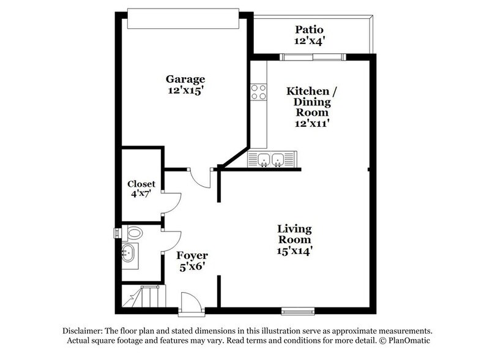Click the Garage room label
pyautogui.click(x=185, y=79)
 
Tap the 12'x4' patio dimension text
pyautogui.click(x=309, y=41)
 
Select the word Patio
pyautogui.click(x=309, y=29)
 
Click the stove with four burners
pyautogui.click(x=258, y=91)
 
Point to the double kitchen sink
pyautogui.click(x=269, y=160)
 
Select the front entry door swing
pyautogui.click(x=190, y=301)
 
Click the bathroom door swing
pyautogui.click(x=172, y=240)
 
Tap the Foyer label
pyautogui.click(x=192, y=255)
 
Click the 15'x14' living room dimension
pyautogui.click(x=295, y=250)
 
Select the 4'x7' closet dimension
pyautogui.click(x=141, y=194)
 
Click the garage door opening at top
pyautogui.click(x=182, y=18)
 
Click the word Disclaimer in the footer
pyautogui.click(x=83, y=329)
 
